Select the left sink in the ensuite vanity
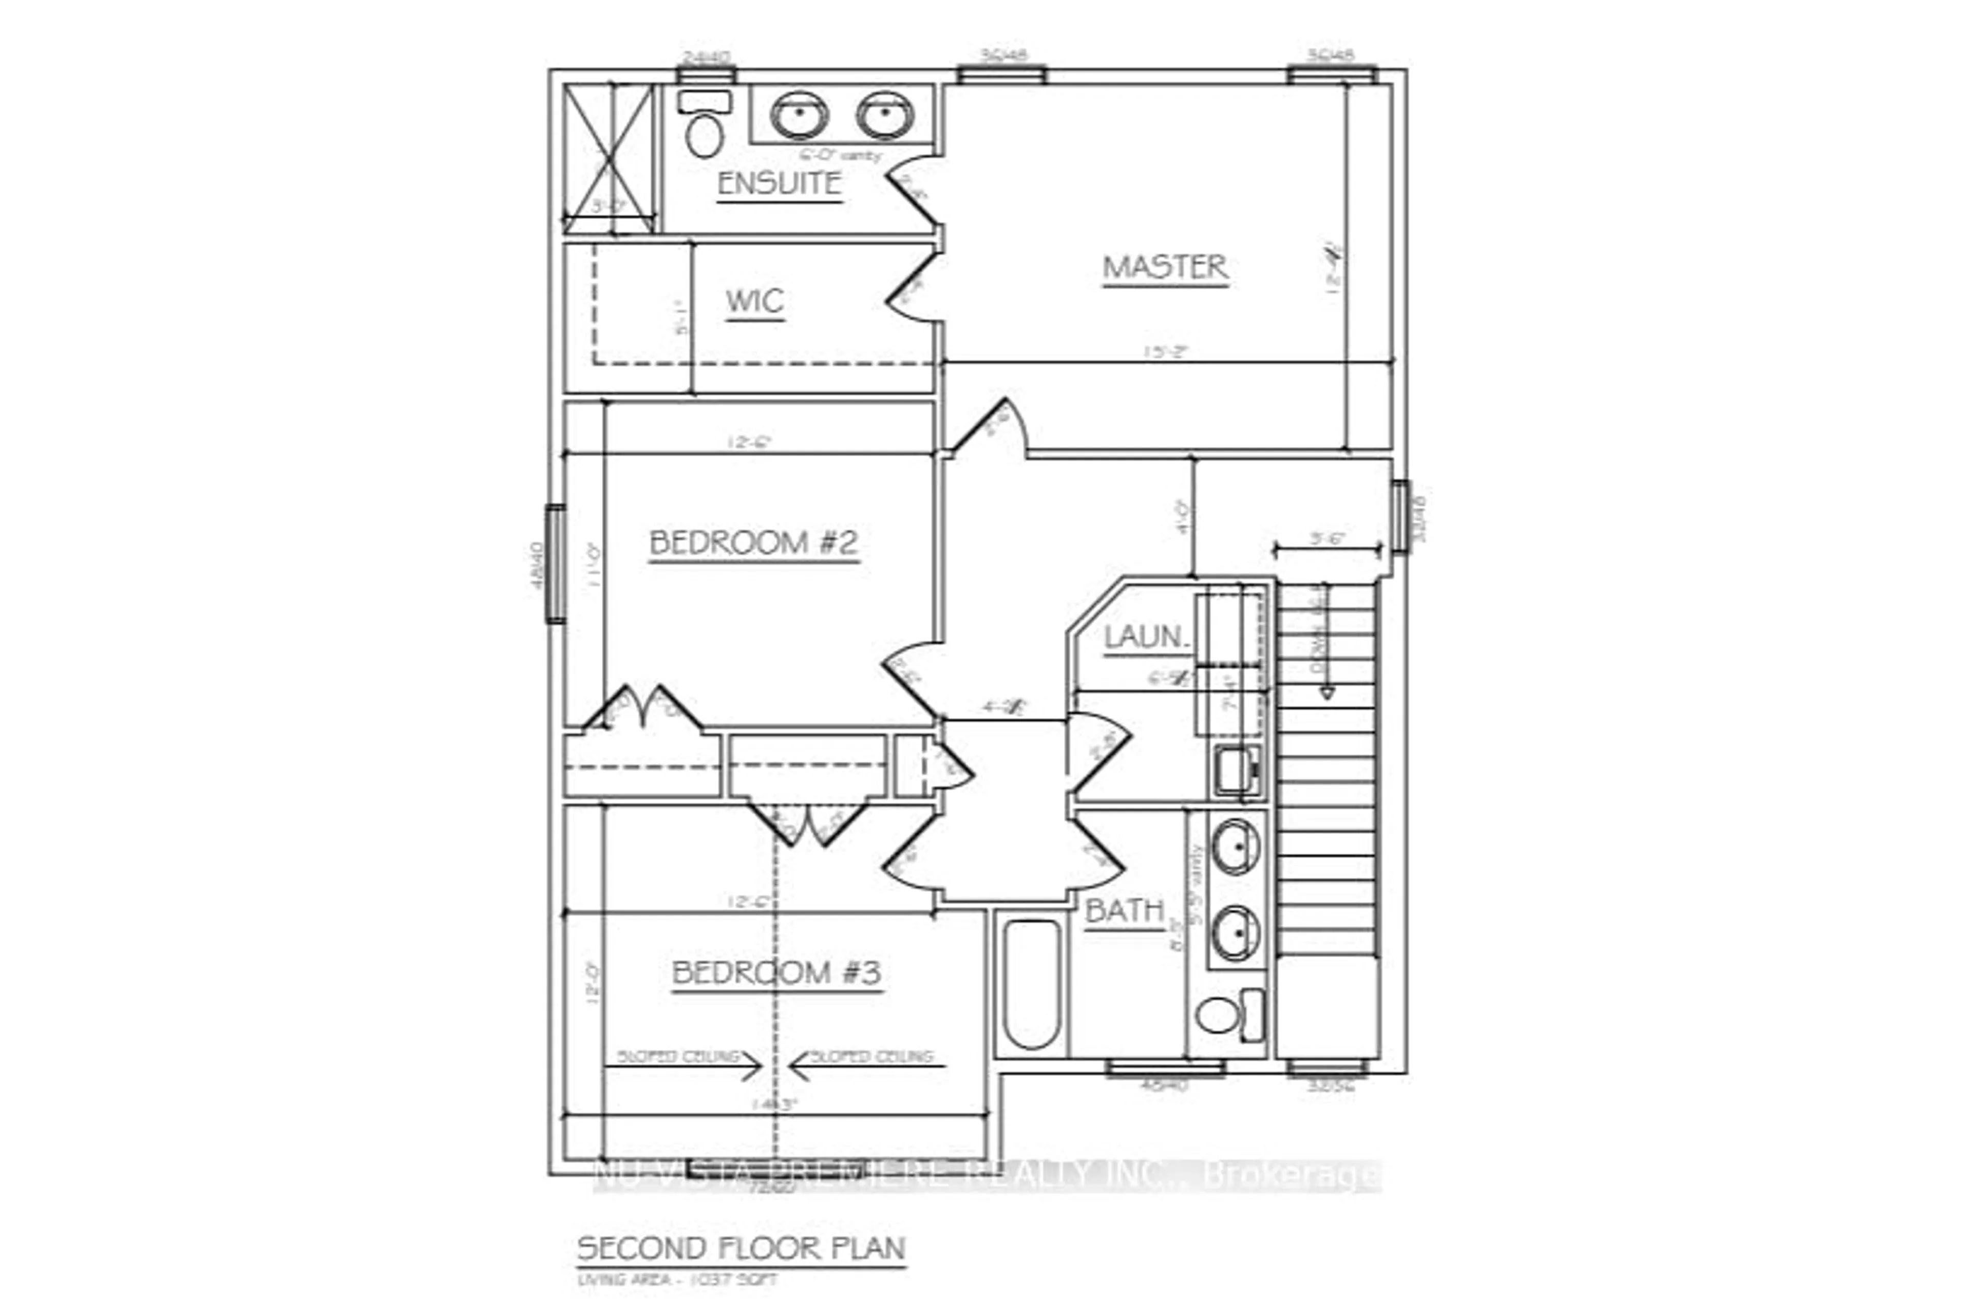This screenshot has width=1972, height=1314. (x=799, y=115)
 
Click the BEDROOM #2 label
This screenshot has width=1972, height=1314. (x=754, y=543)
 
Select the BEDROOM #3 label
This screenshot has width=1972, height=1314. (x=776, y=973)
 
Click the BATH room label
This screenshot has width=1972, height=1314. (x=1124, y=911)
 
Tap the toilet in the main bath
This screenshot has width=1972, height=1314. (x=1228, y=1015)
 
